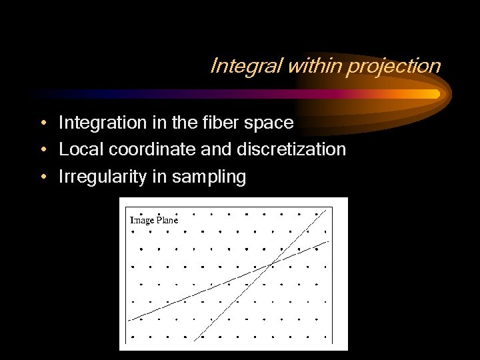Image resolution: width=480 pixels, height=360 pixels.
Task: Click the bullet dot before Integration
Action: click(42, 123)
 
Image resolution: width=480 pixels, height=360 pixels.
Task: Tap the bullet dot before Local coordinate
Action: click(42, 150)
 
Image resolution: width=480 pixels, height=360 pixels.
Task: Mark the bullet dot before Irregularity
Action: click(42, 177)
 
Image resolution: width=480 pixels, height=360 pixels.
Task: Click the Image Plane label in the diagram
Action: click(153, 219)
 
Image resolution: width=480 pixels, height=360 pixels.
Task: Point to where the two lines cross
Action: click(269, 265)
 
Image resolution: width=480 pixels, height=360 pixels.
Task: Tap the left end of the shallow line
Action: click(129, 319)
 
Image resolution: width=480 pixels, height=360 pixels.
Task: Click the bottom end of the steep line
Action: click(195, 341)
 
